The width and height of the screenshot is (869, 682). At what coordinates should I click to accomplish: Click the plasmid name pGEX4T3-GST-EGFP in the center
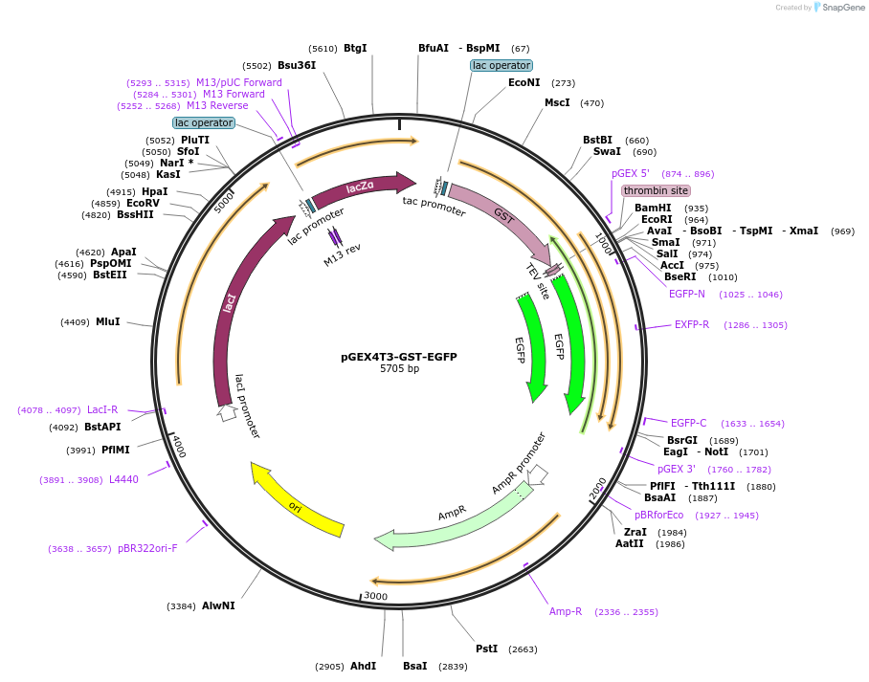click(399, 357)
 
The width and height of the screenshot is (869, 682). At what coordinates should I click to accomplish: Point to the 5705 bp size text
click(399, 369)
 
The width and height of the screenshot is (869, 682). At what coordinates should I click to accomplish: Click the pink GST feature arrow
click(501, 217)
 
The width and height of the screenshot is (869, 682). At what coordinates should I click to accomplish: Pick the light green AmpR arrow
click(450, 517)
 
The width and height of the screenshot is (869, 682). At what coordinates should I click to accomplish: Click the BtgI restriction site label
click(355, 48)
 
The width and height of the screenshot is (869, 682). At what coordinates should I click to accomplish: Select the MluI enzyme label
click(107, 321)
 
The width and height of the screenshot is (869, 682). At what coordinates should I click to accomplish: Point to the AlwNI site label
click(218, 605)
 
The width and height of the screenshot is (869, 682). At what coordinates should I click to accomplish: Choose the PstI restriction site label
click(486, 649)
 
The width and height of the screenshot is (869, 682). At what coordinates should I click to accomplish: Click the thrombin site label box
click(656, 190)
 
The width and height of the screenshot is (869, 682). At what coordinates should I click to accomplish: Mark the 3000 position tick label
click(375, 596)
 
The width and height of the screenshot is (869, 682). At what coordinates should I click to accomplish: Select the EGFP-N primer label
click(687, 294)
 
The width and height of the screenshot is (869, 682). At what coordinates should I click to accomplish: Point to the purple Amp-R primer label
click(565, 611)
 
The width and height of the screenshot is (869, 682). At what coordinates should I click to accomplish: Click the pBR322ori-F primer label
click(147, 548)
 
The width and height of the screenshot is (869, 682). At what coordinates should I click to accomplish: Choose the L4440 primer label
click(123, 479)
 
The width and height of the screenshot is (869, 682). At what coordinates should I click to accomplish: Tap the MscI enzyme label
click(557, 102)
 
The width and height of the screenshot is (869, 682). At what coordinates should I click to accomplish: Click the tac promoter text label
click(434, 206)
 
